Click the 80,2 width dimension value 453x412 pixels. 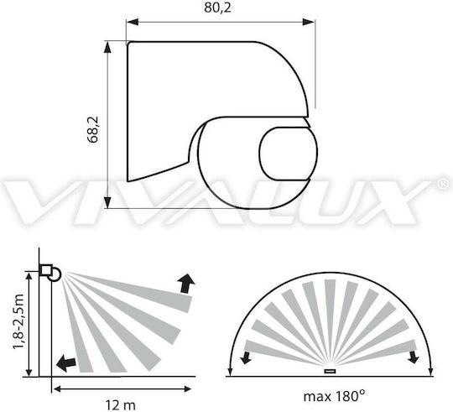tap(217, 8)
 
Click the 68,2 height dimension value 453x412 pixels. tap(93, 129)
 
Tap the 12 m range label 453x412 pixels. tap(120, 405)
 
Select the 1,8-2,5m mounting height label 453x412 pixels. tap(18, 321)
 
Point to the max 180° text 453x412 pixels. tap(334, 396)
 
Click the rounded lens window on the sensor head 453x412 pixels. tap(287, 154)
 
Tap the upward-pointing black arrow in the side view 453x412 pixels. tap(185, 284)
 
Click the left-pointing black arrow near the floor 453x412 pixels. tap(66, 363)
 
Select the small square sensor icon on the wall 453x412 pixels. tap(46, 270)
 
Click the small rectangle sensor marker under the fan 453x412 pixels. tap(330, 371)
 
